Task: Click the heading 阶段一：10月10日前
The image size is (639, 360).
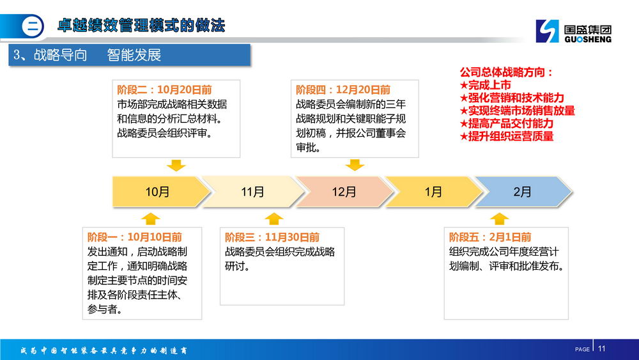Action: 134,237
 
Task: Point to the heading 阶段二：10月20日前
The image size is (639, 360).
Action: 164,90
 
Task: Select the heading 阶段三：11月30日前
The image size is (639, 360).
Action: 272,237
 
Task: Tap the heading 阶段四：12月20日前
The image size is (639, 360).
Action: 343,90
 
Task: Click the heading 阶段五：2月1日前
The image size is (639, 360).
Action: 490,237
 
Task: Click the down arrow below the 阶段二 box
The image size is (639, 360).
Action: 176,165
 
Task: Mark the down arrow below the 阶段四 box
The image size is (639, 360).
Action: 355,165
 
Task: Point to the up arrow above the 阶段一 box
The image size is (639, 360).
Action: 150,219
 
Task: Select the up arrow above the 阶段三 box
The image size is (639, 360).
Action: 274,219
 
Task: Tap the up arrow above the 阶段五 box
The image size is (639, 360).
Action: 499,219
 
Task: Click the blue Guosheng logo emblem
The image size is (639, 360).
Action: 548,31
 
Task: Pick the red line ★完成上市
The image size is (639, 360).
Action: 486,85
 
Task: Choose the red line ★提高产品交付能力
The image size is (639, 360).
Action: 507,123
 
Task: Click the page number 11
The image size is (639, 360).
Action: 601,348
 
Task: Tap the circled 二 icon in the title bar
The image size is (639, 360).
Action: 32,26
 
